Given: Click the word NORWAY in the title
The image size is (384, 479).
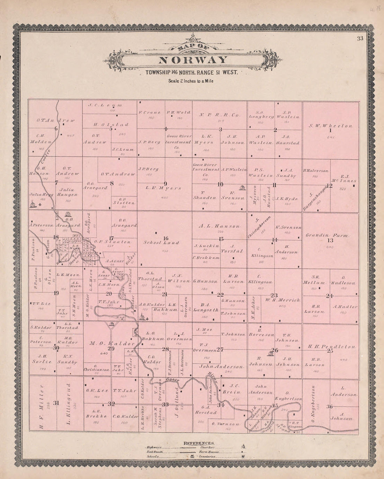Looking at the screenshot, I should [x=193, y=60].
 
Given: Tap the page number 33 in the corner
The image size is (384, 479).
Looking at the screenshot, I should [x=360, y=39].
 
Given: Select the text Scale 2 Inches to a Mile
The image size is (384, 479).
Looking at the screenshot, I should [x=191, y=81].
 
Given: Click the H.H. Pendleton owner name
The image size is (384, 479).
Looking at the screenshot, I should [x=332, y=347].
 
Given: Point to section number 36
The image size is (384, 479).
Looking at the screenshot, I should [x=330, y=407].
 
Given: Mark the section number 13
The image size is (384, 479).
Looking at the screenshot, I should [x=330, y=240].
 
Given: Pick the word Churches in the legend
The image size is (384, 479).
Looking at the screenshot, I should [x=207, y=447].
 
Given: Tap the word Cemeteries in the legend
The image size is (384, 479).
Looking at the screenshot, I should [x=209, y=456].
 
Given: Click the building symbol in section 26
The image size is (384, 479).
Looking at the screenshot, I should [x=269, y=354].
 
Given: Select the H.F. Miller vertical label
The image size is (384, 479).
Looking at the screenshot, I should [x=42, y=406].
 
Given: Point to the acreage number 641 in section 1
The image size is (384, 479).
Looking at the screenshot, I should [x=331, y=137].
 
